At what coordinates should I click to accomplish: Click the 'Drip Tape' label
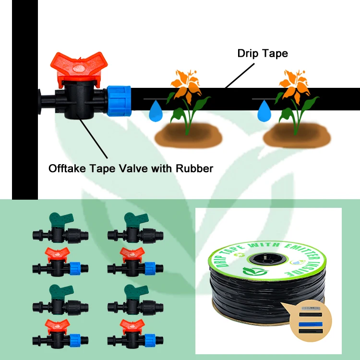tap(263, 53)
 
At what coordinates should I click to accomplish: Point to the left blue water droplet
tap(155, 111)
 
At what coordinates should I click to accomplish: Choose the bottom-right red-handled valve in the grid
tap(132, 333)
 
